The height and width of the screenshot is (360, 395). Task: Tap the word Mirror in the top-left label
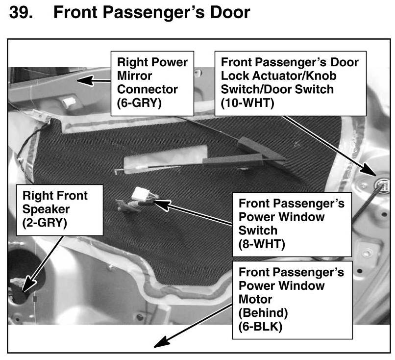(x=134, y=77)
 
